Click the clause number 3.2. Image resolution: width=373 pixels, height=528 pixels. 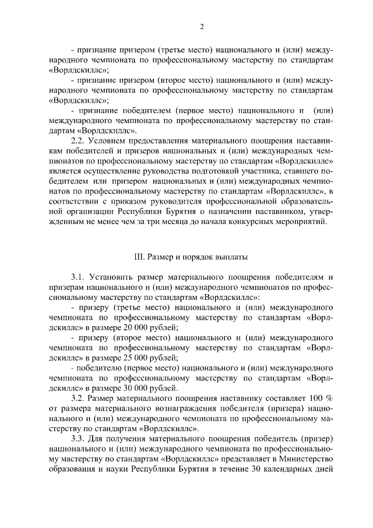78,398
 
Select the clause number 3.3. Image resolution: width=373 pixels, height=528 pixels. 78,438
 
